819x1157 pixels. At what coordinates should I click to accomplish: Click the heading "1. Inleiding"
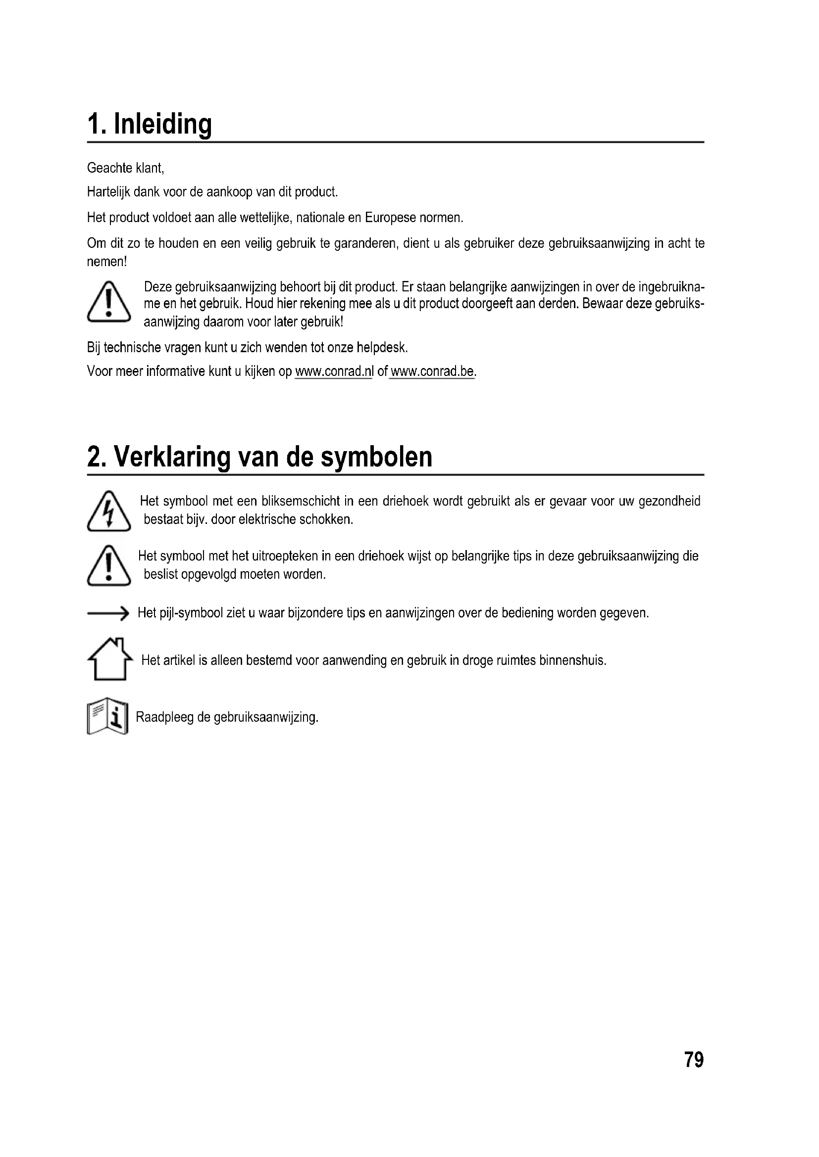coord(149,124)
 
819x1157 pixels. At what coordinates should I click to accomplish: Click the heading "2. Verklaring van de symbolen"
coord(260,457)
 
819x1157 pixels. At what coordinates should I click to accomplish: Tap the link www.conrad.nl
coord(333,371)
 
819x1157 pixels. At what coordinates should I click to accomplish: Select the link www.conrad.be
coord(432,371)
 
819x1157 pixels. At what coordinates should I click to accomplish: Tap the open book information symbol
coord(107,716)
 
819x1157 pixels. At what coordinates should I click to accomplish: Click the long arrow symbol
coord(108,613)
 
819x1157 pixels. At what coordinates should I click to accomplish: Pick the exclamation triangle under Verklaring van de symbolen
coord(109,565)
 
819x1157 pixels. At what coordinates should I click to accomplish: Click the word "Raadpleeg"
coord(165,717)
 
